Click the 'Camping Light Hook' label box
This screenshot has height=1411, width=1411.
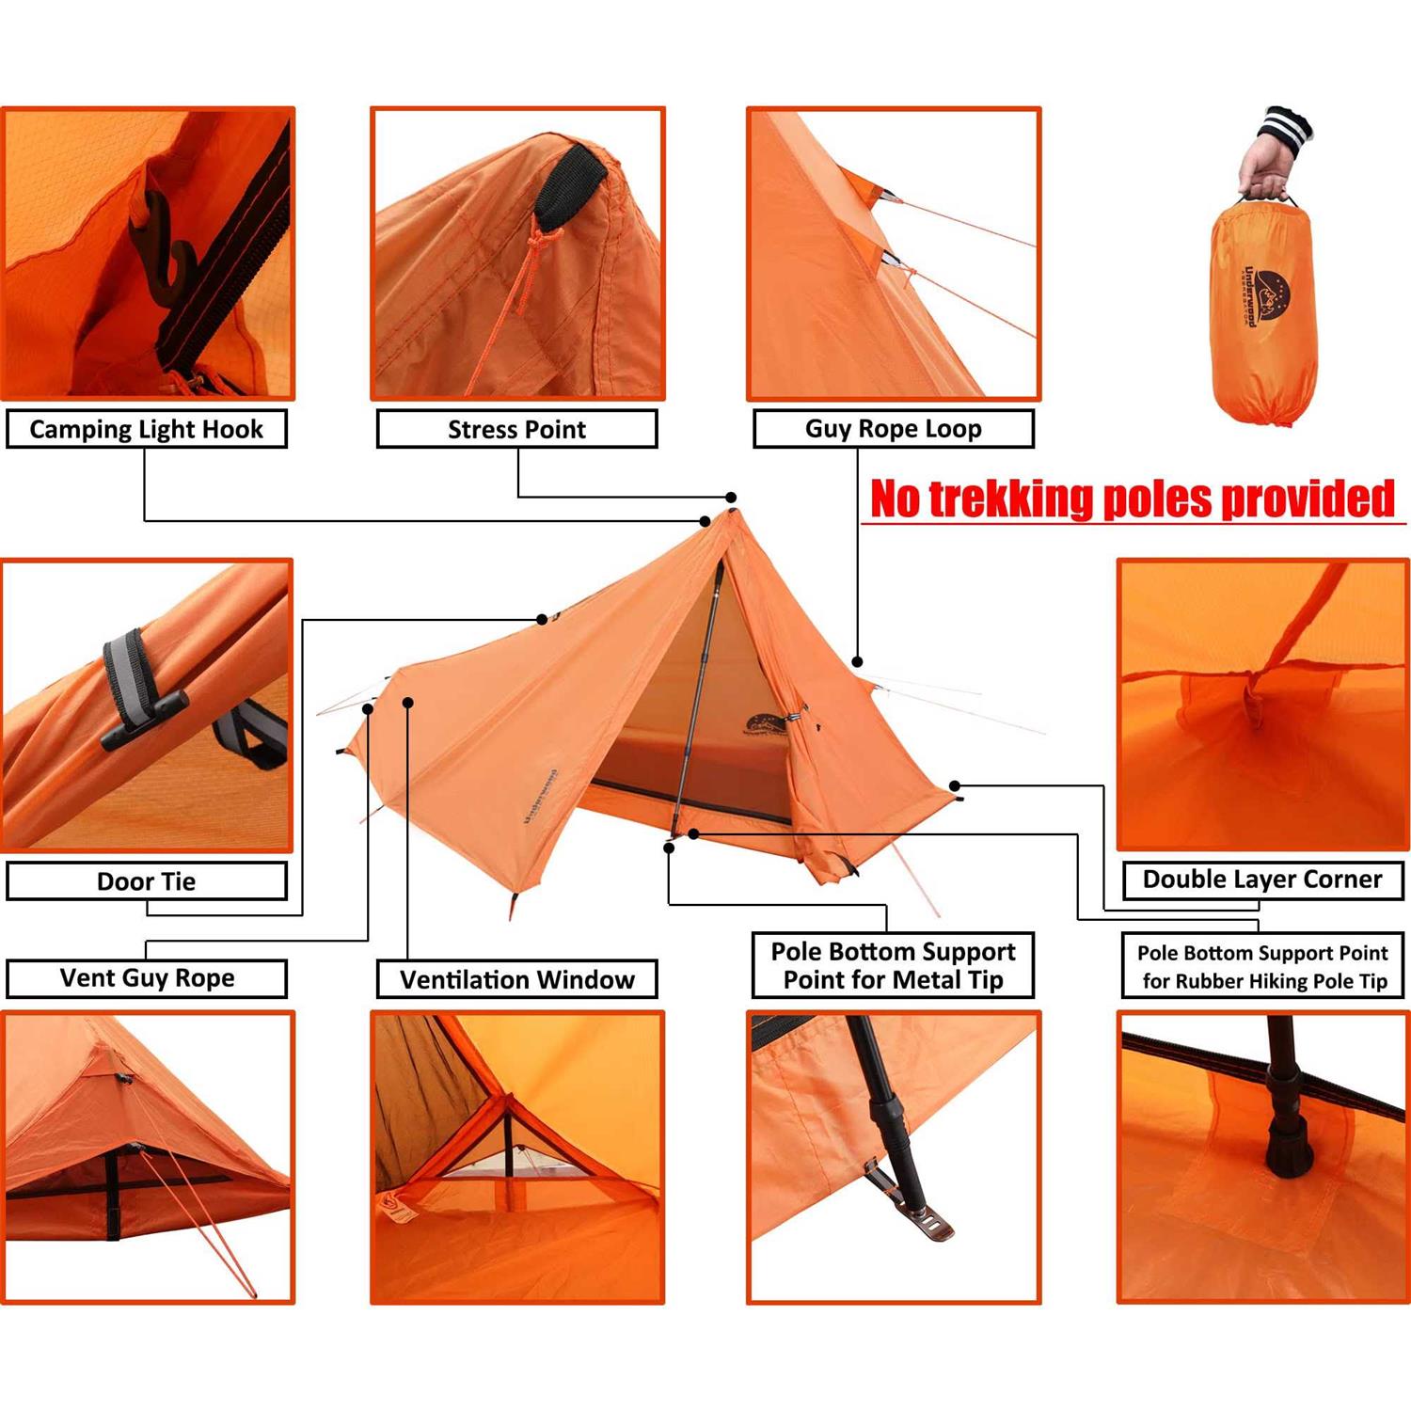146,429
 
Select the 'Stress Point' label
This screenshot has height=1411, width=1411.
516,429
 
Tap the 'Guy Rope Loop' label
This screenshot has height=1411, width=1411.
893,428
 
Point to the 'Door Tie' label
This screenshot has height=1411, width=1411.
146,881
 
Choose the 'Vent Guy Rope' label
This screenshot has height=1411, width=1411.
146,978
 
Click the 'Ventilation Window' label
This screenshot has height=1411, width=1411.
516,979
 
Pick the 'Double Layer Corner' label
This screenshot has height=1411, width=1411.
1261,880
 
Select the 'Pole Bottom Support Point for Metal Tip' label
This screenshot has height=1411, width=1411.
893,965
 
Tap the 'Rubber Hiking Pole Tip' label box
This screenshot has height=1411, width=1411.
1261,966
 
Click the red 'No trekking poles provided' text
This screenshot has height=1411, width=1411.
1132,499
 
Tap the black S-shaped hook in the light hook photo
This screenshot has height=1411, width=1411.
169,249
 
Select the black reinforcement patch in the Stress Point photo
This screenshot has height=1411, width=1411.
571,183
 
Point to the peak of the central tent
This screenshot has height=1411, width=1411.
733,513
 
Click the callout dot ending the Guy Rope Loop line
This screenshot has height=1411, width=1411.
857,662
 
